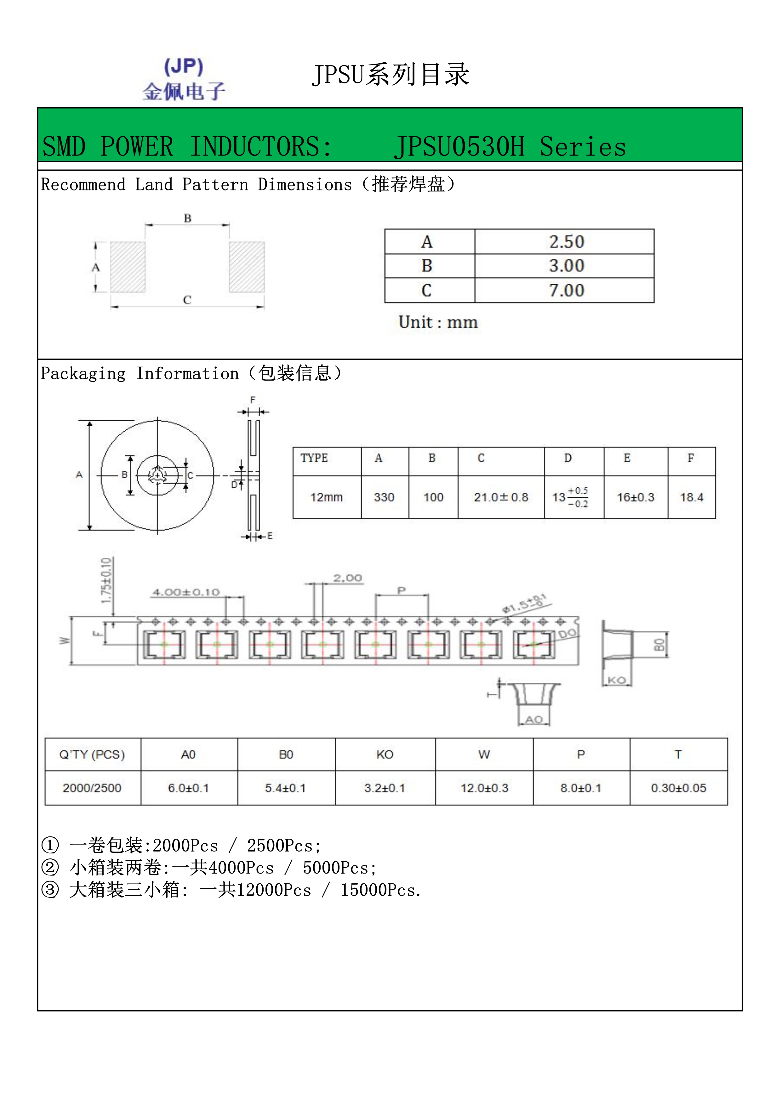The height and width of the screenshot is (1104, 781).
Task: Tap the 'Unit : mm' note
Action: [x=438, y=322]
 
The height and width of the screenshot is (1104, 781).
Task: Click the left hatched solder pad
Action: [x=128, y=267]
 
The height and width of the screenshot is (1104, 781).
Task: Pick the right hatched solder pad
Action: [x=247, y=267]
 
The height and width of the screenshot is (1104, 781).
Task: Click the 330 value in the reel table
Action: [x=384, y=497]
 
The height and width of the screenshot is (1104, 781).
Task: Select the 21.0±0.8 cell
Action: [x=501, y=497]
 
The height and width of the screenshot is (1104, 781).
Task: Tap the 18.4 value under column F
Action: [x=691, y=497]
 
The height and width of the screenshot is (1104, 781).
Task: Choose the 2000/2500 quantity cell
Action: [x=92, y=788]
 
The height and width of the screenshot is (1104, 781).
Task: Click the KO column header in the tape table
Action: [x=385, y=755]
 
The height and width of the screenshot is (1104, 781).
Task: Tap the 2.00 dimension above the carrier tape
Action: [x=347, y=578]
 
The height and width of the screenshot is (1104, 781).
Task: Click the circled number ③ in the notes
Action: [x=50, y=890]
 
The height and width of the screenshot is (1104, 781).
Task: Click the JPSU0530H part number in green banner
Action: [x=459, y=147]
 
